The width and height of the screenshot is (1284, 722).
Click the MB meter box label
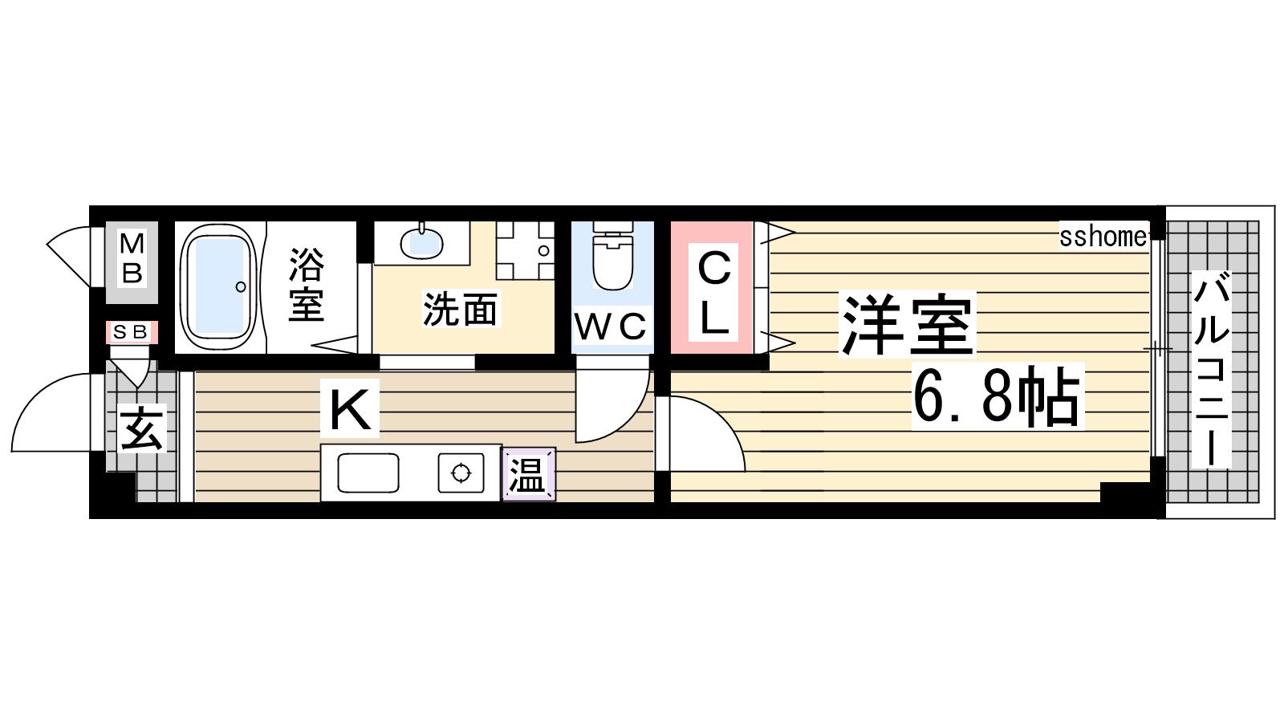132,259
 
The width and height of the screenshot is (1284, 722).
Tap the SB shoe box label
132,332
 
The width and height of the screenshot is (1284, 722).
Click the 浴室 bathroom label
306,284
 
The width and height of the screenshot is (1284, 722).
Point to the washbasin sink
421,242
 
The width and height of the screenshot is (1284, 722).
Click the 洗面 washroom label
460,309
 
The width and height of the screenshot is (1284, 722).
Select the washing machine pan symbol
525,250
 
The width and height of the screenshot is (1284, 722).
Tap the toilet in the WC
613,256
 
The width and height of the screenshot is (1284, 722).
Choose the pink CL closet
711,288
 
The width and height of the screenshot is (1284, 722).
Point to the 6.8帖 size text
998,396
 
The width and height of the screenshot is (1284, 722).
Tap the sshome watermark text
1103,236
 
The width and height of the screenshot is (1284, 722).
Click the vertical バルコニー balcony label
1211,370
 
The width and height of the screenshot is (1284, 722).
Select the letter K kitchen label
350,408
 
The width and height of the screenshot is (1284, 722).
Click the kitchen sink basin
368,473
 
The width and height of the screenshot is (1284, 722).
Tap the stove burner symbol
461,473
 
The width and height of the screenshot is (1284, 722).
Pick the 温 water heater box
529,474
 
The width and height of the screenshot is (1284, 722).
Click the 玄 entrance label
142,428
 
